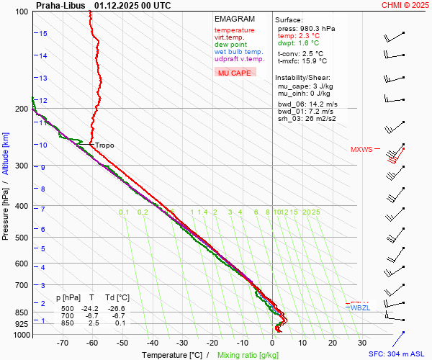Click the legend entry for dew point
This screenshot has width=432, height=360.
[x=230, y=45]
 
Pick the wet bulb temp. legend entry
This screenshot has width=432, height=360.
[x=238, y=52]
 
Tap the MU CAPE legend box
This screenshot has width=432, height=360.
[x=235, y=73]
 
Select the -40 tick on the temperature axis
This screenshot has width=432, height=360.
[x=153, y=343]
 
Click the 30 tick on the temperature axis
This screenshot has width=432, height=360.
[x=362, y=343]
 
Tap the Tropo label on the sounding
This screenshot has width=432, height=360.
[x=105, y=145]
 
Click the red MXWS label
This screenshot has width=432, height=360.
[x=361, y=150]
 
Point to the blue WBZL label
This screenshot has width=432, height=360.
[x=359, y=308]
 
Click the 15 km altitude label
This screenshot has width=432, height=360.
[x=43, y=34]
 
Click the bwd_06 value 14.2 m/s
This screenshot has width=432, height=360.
[x=319, y=104]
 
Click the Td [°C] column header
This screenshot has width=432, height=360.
[x=117, y=297]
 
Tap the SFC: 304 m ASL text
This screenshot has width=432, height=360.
[x=397, y=354]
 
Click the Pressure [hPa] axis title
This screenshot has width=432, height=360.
[x=6, y=216]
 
